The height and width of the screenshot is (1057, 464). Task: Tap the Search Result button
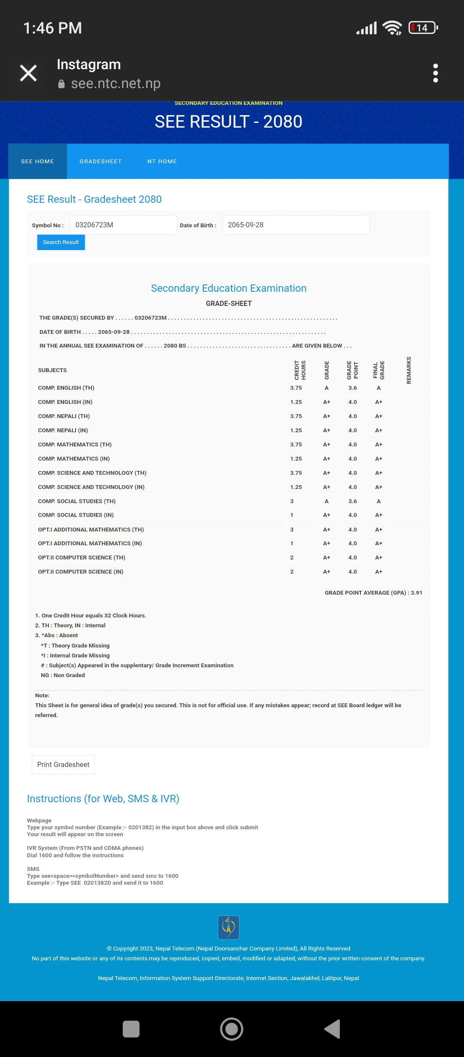[x=61, y=242]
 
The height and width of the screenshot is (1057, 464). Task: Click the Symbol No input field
[x=123, y=225]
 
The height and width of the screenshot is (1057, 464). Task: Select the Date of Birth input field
[x=296, y=225]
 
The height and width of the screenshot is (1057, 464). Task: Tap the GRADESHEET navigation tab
[x=101, y=162]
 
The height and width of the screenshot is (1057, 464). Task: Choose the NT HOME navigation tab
[x=162, y=162]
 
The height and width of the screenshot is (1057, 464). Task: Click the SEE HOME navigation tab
[x=37, y=162]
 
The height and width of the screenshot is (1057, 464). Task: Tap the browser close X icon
[x=28, y=73]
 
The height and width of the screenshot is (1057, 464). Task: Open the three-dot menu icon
[x=435, y=73]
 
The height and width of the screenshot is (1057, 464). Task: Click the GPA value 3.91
[x=416, y=593]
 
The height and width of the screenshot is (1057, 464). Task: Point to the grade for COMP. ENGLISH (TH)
[x=327, y=388]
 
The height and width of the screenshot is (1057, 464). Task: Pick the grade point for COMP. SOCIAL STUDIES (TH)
[x=352, y=501]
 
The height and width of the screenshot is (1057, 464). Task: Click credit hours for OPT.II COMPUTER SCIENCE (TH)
[x=292, y=557]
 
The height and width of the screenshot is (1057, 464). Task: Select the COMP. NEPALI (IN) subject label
[x=63, y=430]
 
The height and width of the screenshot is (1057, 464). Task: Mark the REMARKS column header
[x=409, y=370]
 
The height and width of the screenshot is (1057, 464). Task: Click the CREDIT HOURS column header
[x=300, y=370]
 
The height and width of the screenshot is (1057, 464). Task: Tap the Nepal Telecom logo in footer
[x=229, y=927]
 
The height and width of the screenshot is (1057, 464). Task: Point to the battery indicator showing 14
[x=423, y=28]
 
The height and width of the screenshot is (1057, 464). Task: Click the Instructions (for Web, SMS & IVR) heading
[x=103, y=798]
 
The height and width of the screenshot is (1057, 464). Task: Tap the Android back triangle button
[x=333, y=1029]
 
